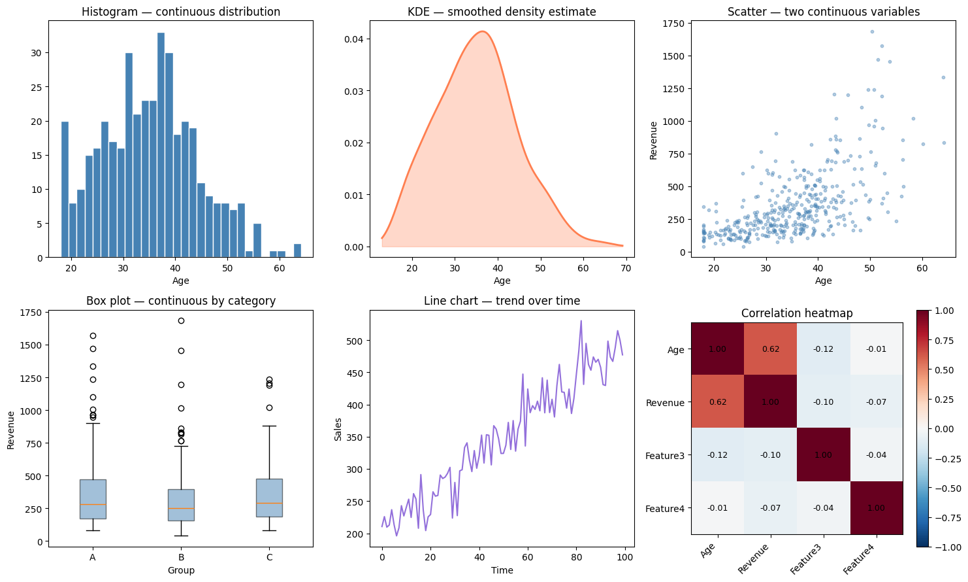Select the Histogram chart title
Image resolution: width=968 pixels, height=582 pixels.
coord(181,12)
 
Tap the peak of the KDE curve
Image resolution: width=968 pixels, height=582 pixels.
coord(482,31)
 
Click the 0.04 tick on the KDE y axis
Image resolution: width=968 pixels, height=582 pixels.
coord(354,39)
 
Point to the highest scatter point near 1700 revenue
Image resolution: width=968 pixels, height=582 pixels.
coord(872,31)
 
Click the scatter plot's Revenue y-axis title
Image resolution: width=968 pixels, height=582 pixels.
coord(653,140)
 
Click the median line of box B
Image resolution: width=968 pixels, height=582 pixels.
coord(181,508)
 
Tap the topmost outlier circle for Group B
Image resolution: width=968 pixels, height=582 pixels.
coord(181,320)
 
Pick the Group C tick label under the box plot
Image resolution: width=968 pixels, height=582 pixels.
coord(269,557)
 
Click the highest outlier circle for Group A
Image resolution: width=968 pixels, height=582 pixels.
coord(93,335)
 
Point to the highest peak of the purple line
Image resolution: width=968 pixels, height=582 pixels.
coord(581,321)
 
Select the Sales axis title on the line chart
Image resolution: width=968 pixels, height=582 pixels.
coord(338,428)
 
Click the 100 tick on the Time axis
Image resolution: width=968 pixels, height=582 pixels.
coord(624,557)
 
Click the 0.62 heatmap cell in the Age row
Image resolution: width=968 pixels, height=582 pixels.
coord(771,349)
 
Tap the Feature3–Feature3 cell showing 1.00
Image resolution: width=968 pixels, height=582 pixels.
coord(823,454)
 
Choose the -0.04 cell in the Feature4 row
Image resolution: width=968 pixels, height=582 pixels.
coord(823,507)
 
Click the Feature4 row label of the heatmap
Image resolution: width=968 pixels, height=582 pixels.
coord(665,508)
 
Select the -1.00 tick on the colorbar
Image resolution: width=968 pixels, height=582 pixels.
coord(952,547)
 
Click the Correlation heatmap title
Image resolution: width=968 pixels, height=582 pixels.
coord(797,313)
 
